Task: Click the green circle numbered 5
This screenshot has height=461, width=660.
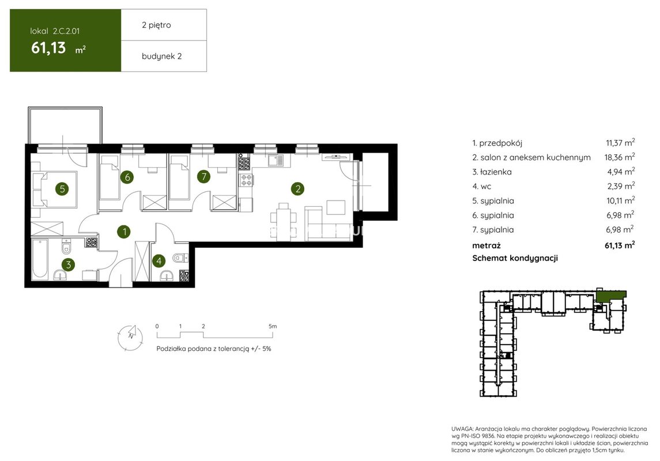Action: (62, 189)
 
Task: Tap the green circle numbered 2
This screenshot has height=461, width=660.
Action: (297, 189)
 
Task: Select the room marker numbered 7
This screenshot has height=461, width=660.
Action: (203, 176)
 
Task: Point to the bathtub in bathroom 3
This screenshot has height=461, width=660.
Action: (40, 259)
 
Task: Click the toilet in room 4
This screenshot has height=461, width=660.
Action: (180, 258)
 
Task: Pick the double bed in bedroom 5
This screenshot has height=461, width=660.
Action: (55, 189)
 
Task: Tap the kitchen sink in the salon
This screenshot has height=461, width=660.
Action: (276, 160)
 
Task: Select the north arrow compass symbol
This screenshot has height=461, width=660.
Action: (130, 337)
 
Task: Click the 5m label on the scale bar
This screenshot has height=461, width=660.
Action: (273, 326)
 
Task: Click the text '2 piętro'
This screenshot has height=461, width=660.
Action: (157, 25)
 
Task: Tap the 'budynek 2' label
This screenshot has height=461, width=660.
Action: (161, 56)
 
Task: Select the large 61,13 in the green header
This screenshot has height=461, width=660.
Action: (48, 48)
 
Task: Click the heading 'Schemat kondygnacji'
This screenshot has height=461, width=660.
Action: (515, 258)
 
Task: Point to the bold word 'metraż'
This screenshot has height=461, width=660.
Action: (486, 245)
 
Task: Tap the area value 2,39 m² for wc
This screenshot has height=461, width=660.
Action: (620, 186)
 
